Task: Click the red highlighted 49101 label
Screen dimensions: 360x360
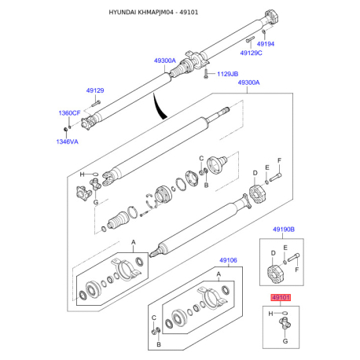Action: [281, 297]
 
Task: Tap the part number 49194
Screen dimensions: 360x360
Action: [266, 44]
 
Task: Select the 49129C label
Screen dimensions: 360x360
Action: [251, 53]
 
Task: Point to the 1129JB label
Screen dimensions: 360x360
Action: [228, 74]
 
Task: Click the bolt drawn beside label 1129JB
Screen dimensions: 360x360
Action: [206, 73]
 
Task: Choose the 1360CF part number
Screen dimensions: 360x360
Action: [69, 113]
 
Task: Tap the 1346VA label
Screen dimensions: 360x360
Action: [67, 141]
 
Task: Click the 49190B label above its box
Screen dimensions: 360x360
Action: [284, 230]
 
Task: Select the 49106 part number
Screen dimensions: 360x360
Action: [228, 260]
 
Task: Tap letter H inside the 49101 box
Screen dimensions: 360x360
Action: [270, 314]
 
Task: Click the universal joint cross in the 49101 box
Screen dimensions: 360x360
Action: [285, 323]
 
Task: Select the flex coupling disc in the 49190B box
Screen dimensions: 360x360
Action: [275, 274]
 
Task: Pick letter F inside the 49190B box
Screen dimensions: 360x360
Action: [297, 270]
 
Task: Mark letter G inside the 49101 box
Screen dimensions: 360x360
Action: [285, 341]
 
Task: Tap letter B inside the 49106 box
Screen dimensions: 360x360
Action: [159, 344]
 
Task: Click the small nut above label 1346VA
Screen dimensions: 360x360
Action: [65, 129]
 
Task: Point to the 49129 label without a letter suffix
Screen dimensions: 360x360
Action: [95, 90]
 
